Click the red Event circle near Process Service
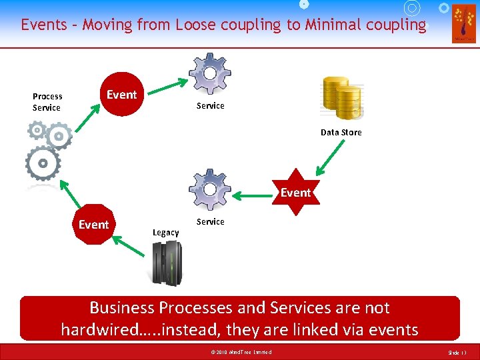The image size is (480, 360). (x=121, y=94)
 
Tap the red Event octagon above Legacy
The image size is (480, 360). (x=94, y=225)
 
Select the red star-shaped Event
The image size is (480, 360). (x=295, y=192)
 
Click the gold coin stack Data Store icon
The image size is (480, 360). (x=341, y=97)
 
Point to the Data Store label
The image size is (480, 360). (x=341, y=132)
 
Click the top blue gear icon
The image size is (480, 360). (x=210, y=73)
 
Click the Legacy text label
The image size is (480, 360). (x=165, y=232)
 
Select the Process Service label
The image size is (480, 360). (x=47, y=102)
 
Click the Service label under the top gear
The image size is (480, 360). (x=210, y=105)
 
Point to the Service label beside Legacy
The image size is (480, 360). (x=210, y=221)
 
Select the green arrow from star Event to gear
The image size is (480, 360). (x=256, y=196)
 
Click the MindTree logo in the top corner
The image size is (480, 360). (x=463, y=23)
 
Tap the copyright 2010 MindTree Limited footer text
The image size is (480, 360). (x=239, y=351)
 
